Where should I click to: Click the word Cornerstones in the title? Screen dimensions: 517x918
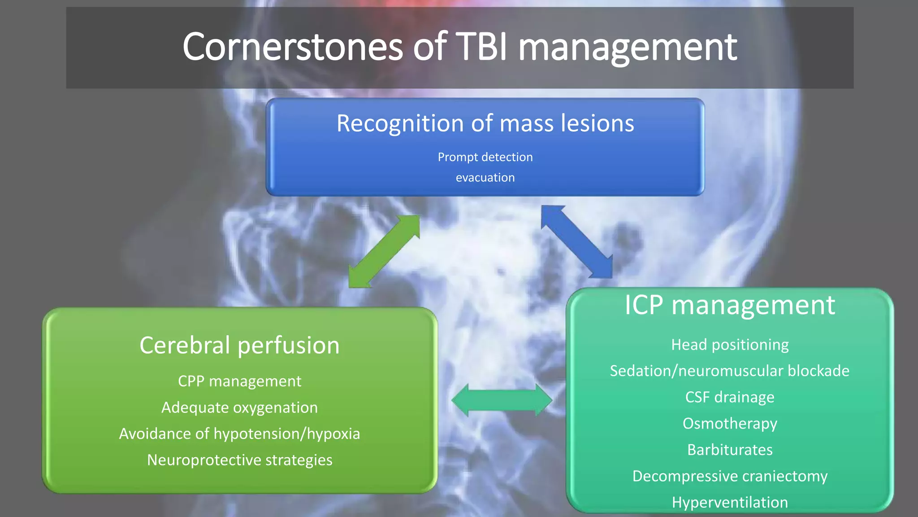(x=292, y=47)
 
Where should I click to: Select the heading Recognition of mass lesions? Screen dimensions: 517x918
(x=485, y=123)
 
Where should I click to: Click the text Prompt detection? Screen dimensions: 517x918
(x=485, y=157)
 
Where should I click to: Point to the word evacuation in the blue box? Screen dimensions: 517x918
(x=485, y=178)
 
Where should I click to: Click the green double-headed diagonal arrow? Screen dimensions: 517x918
(x=384, y=251)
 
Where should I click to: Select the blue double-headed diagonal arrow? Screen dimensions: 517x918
(x=576, y=241)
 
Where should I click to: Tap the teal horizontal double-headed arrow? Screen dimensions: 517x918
(x=502, y=399)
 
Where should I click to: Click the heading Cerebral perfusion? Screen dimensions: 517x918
(x=239, y=346)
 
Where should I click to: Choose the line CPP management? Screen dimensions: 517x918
(x=239, y=381)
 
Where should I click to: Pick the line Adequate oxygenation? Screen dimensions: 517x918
(x=239, y=407)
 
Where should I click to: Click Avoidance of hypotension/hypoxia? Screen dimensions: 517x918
(x=239, y=434)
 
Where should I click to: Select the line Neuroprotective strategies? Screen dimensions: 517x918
(x=239, y=460)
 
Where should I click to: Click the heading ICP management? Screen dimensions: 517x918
(x=729, y=306)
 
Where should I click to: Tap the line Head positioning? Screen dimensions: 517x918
(x=729, y=345)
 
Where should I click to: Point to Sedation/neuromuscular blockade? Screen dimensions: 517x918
(x=729, y=371)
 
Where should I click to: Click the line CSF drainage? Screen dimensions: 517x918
(x=729, y=397)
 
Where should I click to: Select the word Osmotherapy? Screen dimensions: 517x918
(x=729, y=424)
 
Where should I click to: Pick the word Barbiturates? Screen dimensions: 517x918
(x=729, y=450)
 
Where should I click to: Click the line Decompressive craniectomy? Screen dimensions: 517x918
(x=729, y=476)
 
